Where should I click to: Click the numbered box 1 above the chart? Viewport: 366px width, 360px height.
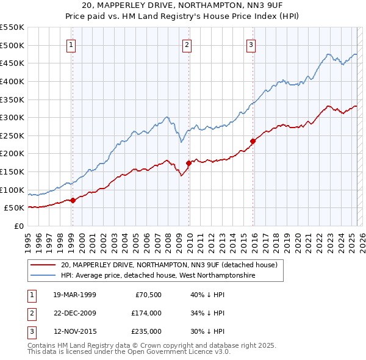tap(71, 44)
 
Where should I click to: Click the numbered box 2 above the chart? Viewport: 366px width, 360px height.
tap(187, 44)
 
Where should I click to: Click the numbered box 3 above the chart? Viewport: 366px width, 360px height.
tap(251, 44)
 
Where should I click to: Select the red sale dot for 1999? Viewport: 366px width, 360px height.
tap(73, 200)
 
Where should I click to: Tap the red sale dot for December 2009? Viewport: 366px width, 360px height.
tap(189, 163)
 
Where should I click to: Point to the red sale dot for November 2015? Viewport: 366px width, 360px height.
tap(253, 141)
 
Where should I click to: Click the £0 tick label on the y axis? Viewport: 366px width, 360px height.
tap(20, 226)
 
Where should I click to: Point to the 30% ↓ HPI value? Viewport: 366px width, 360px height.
tap(208, 331)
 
